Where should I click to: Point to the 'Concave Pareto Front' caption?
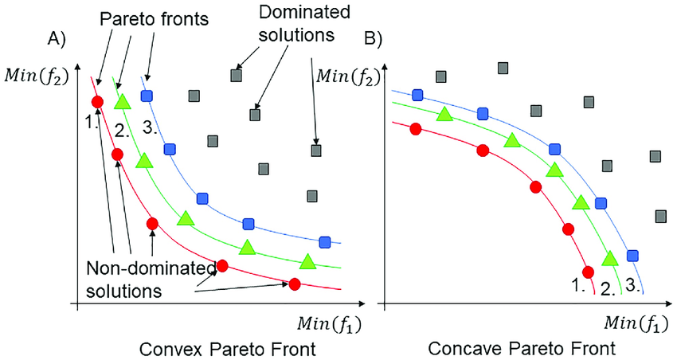click(x=520, y=349)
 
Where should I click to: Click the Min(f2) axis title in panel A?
click(x=35, y=76)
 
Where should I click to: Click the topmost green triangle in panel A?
click(x=121, y=102)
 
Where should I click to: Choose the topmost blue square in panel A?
click(x=147, y=96)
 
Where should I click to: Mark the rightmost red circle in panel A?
click(x=295, y=284)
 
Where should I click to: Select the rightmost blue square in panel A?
click(x=324, y=242)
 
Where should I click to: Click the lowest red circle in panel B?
click(x=588, y=271)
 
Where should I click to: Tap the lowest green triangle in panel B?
click(x=609, y=258)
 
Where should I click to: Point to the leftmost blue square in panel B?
click(x=416, y=95)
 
